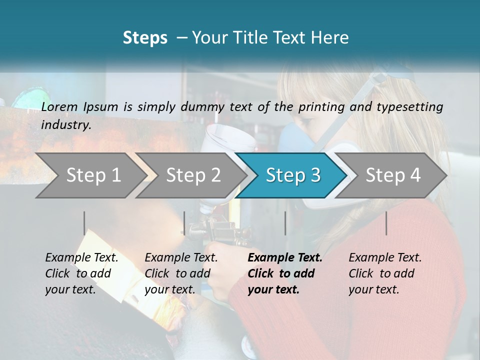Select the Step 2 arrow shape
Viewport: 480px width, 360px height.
[193, 175]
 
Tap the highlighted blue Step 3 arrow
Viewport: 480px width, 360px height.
[293, 175]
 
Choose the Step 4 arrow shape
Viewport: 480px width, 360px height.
[393, 175]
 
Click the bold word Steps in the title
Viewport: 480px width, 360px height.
[145, 38]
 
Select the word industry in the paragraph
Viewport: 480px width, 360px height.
[65, 125]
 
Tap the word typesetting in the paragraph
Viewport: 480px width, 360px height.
[411, 107]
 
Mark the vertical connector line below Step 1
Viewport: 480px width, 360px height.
[84, 223]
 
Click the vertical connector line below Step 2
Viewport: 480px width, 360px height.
[184, 223]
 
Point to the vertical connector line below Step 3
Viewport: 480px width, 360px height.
[285, 223]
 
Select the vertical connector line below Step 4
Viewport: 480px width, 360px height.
[386, 223]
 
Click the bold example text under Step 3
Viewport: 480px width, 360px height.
[285, 273]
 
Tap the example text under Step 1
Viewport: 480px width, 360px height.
[81, 273]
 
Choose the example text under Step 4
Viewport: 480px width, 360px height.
[385, 273]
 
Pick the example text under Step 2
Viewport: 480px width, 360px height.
[181, 273]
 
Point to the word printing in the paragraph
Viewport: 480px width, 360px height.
[320, 107]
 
